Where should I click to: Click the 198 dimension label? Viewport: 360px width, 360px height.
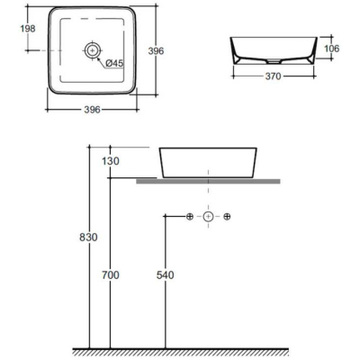coord(28,29)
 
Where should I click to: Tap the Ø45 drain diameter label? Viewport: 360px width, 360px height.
coord(115,63)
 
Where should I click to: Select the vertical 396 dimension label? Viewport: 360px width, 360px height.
coord(156,51)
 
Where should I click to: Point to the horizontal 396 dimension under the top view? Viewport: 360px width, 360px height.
coord(92,110)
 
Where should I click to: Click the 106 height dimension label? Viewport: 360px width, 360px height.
coord(332,49)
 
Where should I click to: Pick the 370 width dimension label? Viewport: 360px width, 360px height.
coord(274,76)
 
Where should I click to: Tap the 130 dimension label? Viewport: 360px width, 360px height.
coord(111,161)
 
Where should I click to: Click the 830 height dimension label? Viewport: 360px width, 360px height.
coord(88,238)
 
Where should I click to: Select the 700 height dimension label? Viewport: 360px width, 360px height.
coord(111,275)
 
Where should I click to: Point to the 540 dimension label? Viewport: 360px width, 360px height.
coord(166,275)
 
